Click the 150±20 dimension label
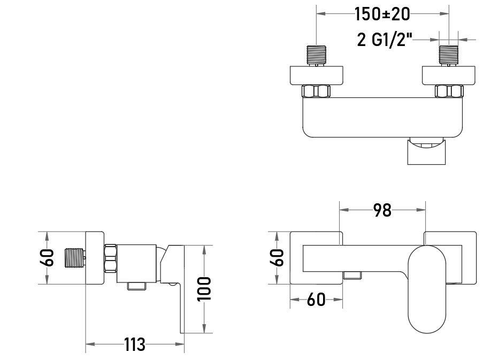382,14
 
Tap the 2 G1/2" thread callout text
385,40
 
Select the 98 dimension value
382,210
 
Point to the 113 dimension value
135,344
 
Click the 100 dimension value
204,289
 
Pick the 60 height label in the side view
47,258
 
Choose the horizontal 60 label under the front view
316,300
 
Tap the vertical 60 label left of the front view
277,258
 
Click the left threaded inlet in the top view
316,56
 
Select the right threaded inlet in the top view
448,56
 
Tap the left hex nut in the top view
316,91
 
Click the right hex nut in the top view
449,91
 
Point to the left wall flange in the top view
316,75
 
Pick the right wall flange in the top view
448,75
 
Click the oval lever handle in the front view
427,289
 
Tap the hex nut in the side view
110,258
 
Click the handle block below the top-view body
427,151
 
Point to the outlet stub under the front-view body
352,275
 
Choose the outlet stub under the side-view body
136,286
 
